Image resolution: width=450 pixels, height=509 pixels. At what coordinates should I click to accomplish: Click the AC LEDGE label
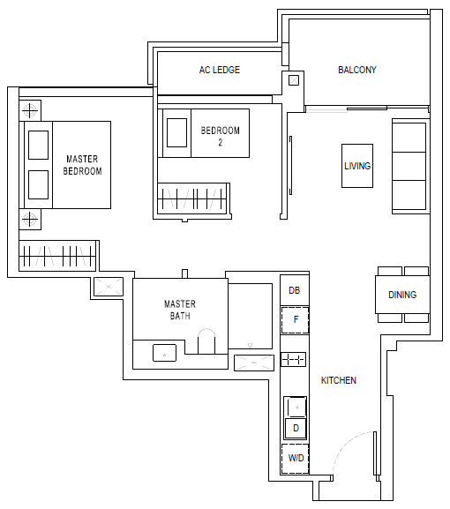(x=220, y=70)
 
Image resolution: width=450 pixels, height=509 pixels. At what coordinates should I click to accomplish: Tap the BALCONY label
(x=357, y=70)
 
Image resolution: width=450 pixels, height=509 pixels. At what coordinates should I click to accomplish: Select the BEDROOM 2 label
(x=220, y=137)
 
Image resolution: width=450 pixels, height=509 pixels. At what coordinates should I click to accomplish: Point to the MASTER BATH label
(x=180, y=310)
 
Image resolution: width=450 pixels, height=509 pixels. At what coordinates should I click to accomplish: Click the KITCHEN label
(x=339, y=380)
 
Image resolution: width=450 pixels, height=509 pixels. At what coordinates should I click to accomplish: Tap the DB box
(x=295, y=290)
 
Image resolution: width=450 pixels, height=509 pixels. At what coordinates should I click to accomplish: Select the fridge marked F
(x=295, y=320)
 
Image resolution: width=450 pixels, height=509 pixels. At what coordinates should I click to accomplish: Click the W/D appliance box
(x=295, y=459)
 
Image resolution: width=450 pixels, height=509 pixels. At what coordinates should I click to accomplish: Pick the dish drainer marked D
(x=296, y=428)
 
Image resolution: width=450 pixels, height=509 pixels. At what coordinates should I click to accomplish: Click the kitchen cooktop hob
(x=293, y=359)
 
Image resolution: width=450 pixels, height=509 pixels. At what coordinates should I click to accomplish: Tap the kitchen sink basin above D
(x=296, y=407)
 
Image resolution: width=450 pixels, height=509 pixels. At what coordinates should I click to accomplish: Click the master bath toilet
(x=206, y=341)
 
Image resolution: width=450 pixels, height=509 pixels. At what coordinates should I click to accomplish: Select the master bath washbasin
(x=165, y=353)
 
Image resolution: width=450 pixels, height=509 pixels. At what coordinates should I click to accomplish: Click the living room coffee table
(x=357, y=166)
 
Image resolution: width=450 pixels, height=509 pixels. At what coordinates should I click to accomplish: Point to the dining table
(x=402, y=295)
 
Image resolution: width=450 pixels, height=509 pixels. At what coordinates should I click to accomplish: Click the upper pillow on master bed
(x=38, y=145)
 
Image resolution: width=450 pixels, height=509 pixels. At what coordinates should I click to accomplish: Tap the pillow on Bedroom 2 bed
(x=176, y=133)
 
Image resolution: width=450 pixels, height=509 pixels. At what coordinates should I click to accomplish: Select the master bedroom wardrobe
(x=57, y=256)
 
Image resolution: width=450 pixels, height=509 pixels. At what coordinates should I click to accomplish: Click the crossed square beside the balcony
(x=294, y=80)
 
